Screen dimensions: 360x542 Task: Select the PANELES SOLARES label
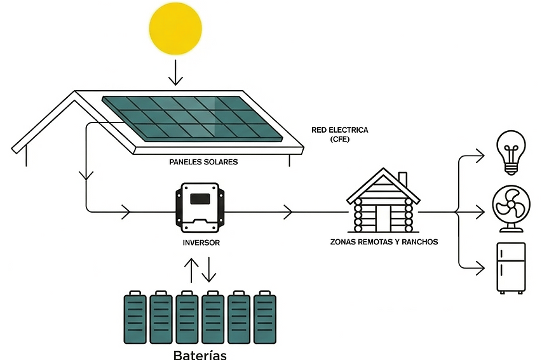tap(203, 162)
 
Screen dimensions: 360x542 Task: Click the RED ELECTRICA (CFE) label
tap(339, 134)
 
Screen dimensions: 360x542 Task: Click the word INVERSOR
tap(200, 243)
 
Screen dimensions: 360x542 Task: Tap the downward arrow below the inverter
tap(209, 269)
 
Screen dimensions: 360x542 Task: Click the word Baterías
tap(200, 354)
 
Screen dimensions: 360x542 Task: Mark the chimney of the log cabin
tap(403, 180)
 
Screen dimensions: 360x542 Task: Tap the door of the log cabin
tap(383, 218)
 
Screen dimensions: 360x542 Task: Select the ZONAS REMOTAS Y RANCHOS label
tap(384, 242)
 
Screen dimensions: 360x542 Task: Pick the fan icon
tap(510, 207)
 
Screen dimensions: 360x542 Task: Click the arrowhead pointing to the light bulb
tap(480, 154)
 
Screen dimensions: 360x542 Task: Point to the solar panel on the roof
tap(192, 117)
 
